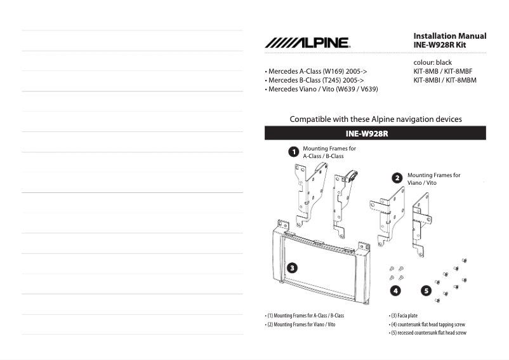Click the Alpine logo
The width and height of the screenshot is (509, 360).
(307, 43)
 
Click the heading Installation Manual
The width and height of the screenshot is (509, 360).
(449, 36)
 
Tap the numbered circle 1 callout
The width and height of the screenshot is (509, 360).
(293, 152)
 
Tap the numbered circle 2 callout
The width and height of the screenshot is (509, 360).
(397, 178)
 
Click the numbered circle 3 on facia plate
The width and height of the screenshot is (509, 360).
(291, 267)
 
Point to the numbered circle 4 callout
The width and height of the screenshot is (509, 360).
(395, 291)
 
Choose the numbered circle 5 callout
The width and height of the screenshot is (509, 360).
(426, 291)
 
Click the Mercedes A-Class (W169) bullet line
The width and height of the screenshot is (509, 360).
(315, 72)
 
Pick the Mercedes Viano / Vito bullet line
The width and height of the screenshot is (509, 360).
(321, 90)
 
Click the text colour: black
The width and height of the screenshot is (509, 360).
(432, 63)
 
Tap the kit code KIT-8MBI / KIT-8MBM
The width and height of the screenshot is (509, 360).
(445, 81)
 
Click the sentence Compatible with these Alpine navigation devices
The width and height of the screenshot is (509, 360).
(375, 119)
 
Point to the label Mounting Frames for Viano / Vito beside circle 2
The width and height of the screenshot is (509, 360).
(433, 178)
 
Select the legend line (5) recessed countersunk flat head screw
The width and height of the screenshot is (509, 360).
(427, 333)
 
